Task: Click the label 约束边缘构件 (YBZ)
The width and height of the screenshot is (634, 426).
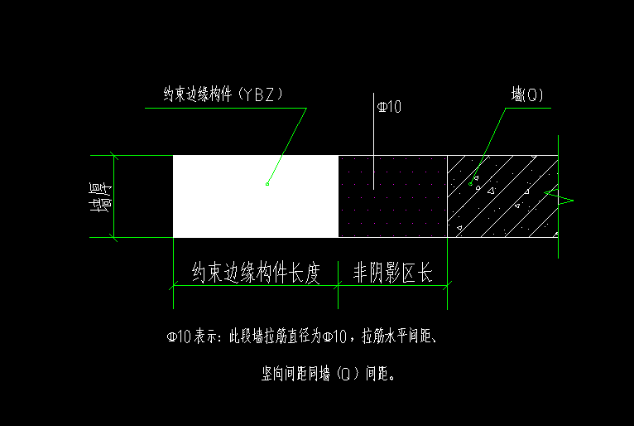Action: [x=223, y=94]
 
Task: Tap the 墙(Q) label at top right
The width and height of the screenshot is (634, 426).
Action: [x=527, y=94]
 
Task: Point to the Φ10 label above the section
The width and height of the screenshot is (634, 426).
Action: [x=389, y=107]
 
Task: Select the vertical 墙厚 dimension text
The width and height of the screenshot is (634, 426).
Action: [x=100, y=197]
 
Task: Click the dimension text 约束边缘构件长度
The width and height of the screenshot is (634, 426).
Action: [x=256, y=272]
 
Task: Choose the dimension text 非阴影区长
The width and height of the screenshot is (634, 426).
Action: [x=393, y=272]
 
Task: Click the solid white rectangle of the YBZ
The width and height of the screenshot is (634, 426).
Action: [x=256, y=196]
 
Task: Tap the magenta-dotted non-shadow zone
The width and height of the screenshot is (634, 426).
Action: [x=392, y=196]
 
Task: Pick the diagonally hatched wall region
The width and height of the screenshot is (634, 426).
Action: [x=502, y=196]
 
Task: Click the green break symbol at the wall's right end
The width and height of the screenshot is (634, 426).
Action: [x=560, y=198]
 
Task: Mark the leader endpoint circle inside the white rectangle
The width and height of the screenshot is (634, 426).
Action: [x=267, y=184]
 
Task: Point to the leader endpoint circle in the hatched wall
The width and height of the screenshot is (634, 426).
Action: [x=470, y=184]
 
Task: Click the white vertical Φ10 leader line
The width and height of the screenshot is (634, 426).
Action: [x=373, y=141]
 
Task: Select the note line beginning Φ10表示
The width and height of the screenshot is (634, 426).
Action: [x=301, y=336]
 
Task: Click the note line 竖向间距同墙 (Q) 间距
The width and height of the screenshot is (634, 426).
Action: [x=328, y=373]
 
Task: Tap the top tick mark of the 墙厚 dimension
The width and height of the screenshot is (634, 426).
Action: [x=114, y=156]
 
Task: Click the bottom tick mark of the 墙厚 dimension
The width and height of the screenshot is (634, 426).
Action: [x=113, y=237]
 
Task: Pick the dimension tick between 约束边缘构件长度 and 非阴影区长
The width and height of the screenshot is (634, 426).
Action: [x=338, y=285]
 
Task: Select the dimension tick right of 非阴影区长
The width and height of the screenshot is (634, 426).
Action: [x=447, y=285]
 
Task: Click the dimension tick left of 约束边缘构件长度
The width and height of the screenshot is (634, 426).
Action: [x=174, y=285]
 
